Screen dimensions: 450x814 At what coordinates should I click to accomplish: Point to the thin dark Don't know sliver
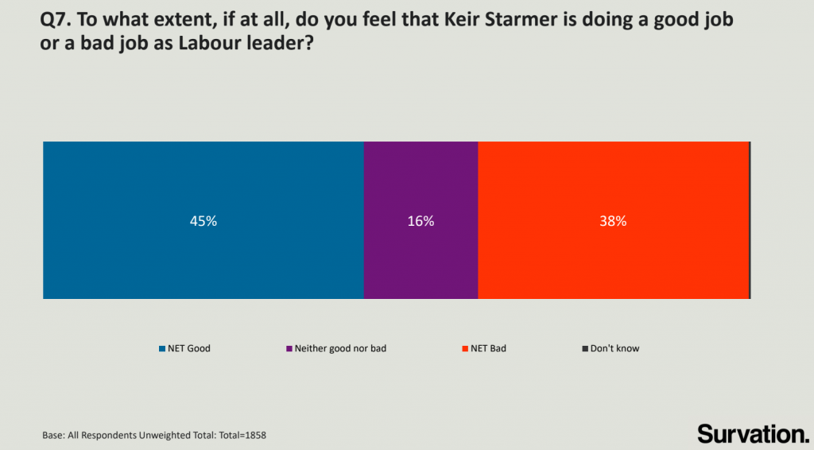click(750, 220)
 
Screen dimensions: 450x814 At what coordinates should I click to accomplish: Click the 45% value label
click(203, 222)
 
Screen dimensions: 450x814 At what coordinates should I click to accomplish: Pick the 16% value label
click(421, 222)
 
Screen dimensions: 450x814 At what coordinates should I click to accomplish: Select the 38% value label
click(613, 222)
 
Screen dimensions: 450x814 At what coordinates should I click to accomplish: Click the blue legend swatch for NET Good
click(161, 348)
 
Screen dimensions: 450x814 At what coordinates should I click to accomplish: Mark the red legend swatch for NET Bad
click(465, 348)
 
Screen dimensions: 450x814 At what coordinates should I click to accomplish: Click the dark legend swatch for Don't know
click(585, 348)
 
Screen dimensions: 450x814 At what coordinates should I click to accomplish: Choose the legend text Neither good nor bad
click(340, 348)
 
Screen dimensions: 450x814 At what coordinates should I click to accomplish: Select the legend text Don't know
click(614, 348)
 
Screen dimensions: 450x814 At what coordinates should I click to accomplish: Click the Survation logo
click(752, 433)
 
